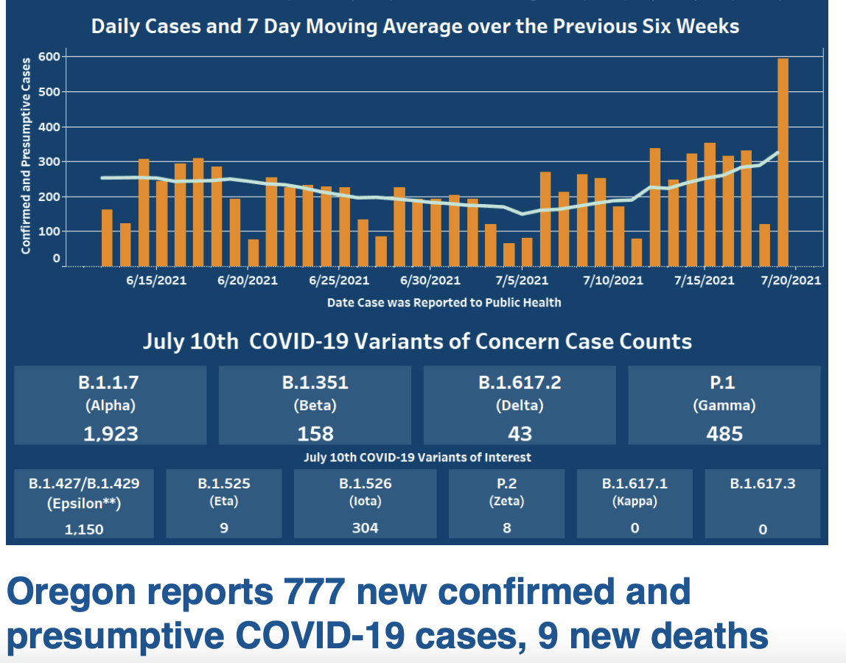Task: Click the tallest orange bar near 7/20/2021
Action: pos(783,162)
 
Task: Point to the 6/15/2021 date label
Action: pos(156,281)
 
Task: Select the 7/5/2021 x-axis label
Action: pos(522,281)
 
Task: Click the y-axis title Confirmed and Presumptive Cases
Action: pos(26,156)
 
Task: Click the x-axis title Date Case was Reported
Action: pos(444,303)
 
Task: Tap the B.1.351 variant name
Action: pos(315,383)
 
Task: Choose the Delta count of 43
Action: pos(520,433)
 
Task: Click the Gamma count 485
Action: pos(724,433)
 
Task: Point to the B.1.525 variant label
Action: pos(224,484)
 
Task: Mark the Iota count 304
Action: pos(365,527)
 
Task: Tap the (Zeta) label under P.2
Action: pos(506,502)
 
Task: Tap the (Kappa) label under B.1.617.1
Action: pos(634,502)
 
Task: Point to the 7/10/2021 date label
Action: pos(612,281)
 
